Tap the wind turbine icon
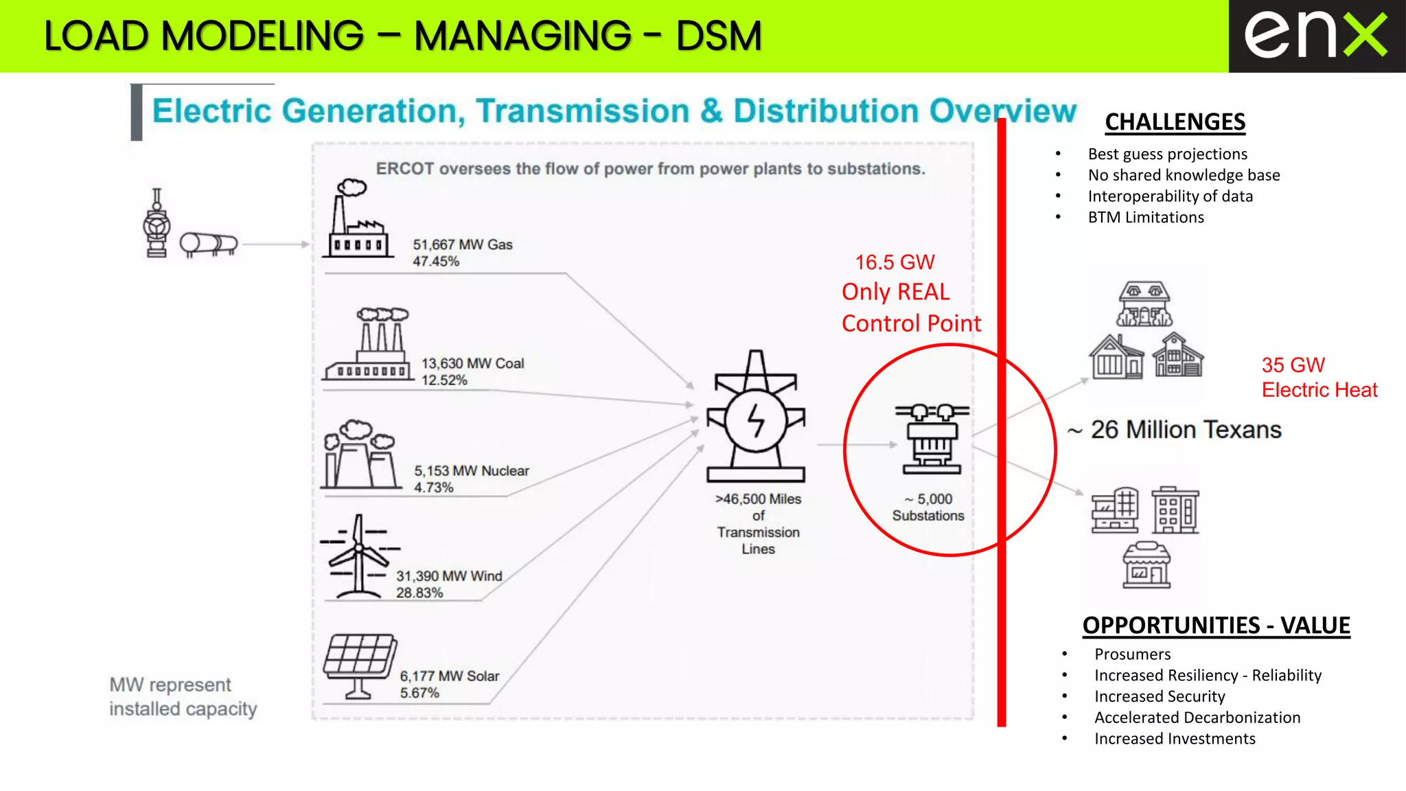pyautogui.click(x=358, y=557)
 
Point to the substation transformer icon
pyautogui.click(x=932, y=439)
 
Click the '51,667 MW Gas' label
pyautogui.click(x=462, y=244)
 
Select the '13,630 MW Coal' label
pyautogui.click(x=472, y=363)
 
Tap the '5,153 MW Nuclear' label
pyautogui.click(x=472, y=471)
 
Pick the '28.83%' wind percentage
pyautogui.click(x=419, y=593)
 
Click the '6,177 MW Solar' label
pyautogui.click(x=450, y=676)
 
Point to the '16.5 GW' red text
pyautogui.click(x=895, y=262)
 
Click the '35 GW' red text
pyautogui.click(x=1293, y=365)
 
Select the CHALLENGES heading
pyautogui.click(x=1175, y=122)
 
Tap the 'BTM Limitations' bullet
pyautogui.click(x=1146, y=218)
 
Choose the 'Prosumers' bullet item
pyautogui.click(x=1132, y=654)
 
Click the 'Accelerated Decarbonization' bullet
pyautogui.click(x=1197, y=718)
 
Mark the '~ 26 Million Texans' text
pyautogui.click(x=1175, y=430)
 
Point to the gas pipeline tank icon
pyautogui.click(x=209, y=244)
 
